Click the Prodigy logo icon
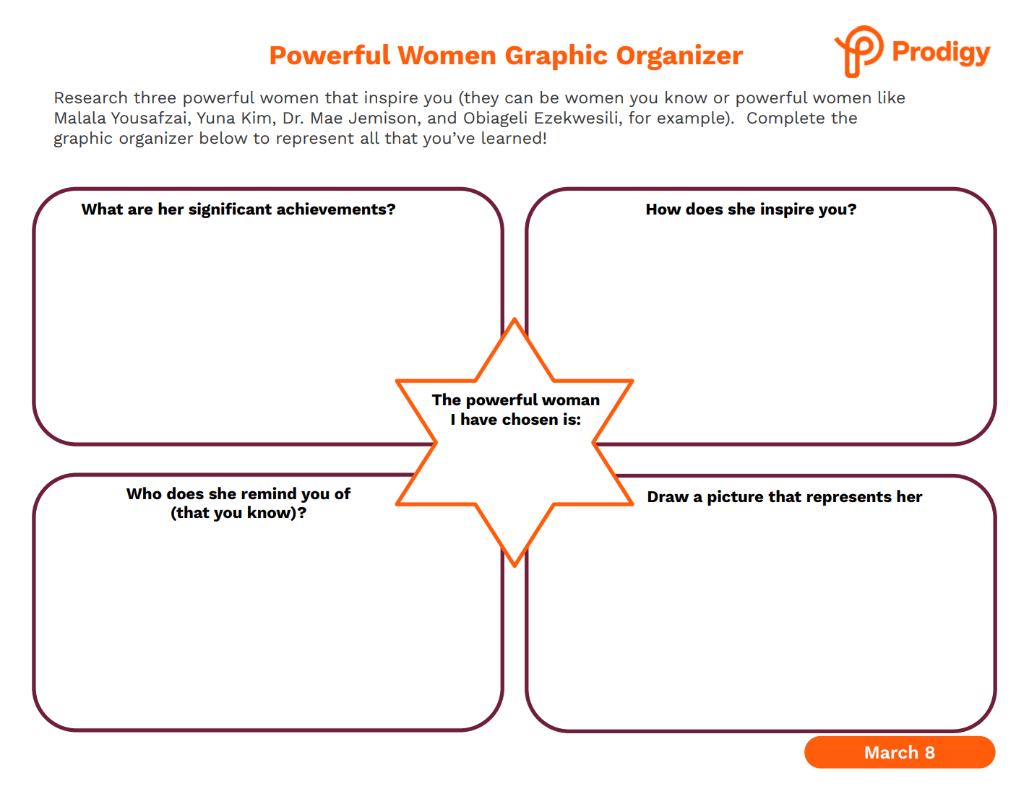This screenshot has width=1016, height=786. [859, 51]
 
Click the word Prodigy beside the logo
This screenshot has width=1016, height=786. [941, 52]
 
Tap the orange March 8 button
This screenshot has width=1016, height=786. [899, 752]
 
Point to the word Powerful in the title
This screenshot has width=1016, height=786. [330, 55]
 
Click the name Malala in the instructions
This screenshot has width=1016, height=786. [80, 118]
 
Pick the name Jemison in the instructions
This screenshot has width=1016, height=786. [384, 118]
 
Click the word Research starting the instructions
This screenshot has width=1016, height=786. [91, 98]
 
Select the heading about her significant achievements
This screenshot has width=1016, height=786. [238, 209]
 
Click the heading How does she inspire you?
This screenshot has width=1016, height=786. [751, 209]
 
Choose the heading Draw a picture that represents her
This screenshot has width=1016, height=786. [785, 496]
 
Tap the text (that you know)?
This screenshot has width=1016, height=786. [238, 513]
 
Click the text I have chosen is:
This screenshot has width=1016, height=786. [515, 419]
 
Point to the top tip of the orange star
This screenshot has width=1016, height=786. [515, 319]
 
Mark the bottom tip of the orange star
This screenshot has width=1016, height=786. [515, 566]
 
